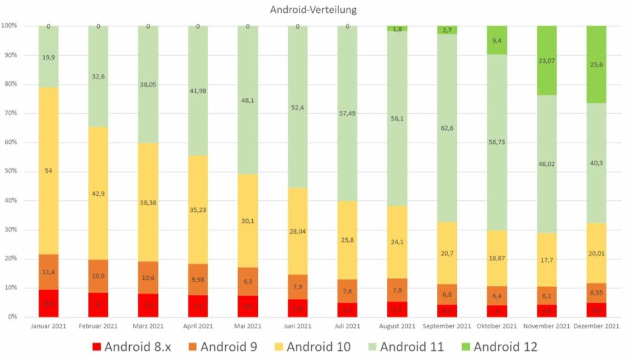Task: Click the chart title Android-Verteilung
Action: point(313,10)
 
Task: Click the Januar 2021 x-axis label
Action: point(48,326)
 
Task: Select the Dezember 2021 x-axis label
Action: point(596,326)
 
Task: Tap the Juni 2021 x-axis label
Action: point(298,326)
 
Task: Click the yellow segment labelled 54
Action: point(48,171)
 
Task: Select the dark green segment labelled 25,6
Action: point(596,64)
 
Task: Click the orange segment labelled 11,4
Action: point(48,272)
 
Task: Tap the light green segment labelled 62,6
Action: point(447,128)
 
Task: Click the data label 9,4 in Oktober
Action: point(497,41)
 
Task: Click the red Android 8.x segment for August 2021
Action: point(397,309)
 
